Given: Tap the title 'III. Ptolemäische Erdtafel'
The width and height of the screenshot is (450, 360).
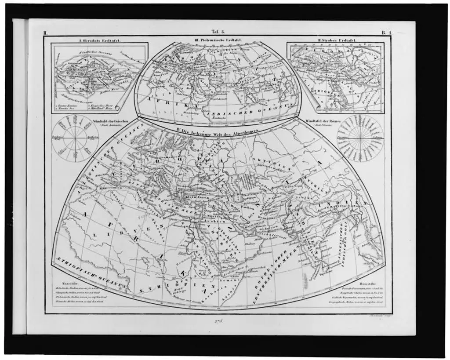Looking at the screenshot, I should point(218,40).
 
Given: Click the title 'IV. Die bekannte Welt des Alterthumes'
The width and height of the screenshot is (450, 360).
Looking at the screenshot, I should point(217,131).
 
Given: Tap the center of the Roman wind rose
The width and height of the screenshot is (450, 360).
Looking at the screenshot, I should point(360,138).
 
